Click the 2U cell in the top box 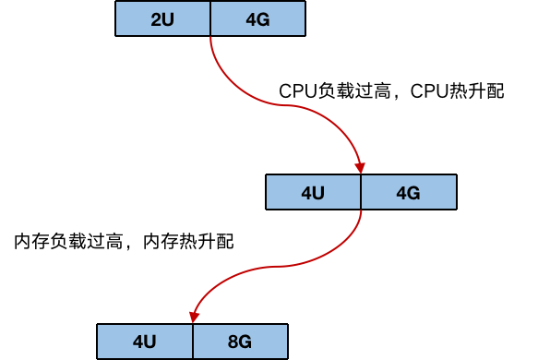pos(163,18)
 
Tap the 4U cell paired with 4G pos(313,192)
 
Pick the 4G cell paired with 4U pos(408,192)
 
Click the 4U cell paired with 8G pos(145,342)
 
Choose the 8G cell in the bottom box pos(240,342)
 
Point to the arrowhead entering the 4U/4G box pos(360,168)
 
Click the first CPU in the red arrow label pos(296,92)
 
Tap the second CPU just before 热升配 pos(428,92)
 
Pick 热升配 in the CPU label pos(476,92)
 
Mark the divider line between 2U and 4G pos(210,18)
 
